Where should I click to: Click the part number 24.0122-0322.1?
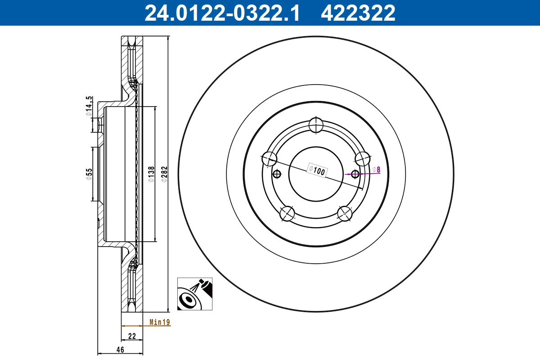222,13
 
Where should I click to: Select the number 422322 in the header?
358,13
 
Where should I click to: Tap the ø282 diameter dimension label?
164,174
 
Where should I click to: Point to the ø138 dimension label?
151,174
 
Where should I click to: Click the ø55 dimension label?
89,174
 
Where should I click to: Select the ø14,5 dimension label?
89,106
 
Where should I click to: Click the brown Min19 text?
160,322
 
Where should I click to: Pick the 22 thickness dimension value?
132,336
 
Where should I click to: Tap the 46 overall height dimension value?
120,350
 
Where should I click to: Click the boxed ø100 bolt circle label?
317,171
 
